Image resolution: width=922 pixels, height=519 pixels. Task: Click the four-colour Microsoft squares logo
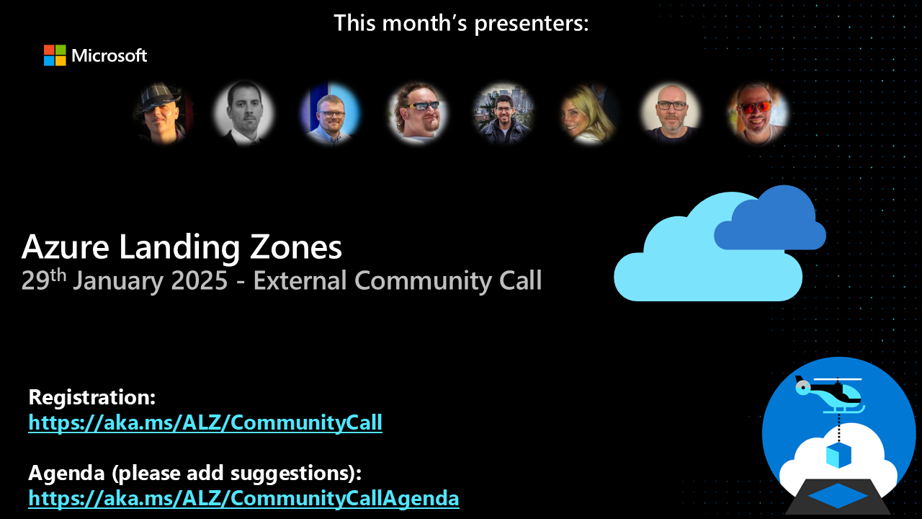(x=55, y=56)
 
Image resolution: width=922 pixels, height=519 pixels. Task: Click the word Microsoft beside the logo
(x=109, y=56)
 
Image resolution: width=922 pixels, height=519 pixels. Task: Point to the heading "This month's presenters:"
(x=461, y=23)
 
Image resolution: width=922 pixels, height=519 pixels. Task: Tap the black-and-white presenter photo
(x=243, y=113)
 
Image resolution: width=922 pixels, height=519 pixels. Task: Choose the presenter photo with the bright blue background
(x=331, y=114)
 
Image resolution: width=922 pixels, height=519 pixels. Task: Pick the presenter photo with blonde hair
(x=588, y=114)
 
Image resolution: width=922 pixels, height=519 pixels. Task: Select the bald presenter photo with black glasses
(x=671, y=113)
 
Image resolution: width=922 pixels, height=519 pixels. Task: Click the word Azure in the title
(x=66, y=247)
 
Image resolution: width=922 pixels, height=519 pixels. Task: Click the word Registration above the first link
(x=91, y=397)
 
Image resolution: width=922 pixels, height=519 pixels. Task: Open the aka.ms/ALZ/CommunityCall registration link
(x=205, y=422)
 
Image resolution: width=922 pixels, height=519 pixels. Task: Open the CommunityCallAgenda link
(x=243, y=497)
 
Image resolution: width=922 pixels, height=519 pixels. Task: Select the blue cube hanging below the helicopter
(x=838, y=455)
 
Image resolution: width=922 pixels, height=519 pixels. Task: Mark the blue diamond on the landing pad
(x=838, y=495)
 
